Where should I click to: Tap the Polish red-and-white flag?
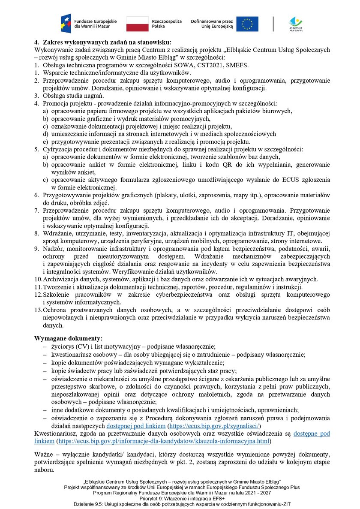click(x=137, y=24)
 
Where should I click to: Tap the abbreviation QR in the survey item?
click(x=249, y=164)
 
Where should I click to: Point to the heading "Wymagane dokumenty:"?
click(x=68, y=338)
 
